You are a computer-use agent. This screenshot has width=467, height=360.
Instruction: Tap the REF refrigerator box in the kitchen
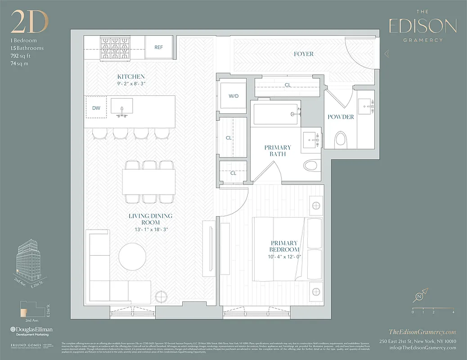[x=158, y=47]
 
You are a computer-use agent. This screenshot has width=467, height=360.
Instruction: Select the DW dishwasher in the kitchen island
[x=96, y=108]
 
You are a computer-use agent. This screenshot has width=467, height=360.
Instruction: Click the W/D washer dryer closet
[x=233, y=96]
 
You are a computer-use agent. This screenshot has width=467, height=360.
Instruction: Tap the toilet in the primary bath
[x=312, y=166]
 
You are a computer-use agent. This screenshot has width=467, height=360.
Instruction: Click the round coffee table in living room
[x=132, y=256]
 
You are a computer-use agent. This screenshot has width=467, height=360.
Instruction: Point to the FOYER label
[x=304, y=54]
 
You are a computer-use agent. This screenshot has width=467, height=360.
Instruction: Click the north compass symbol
[x=420, y=297]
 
